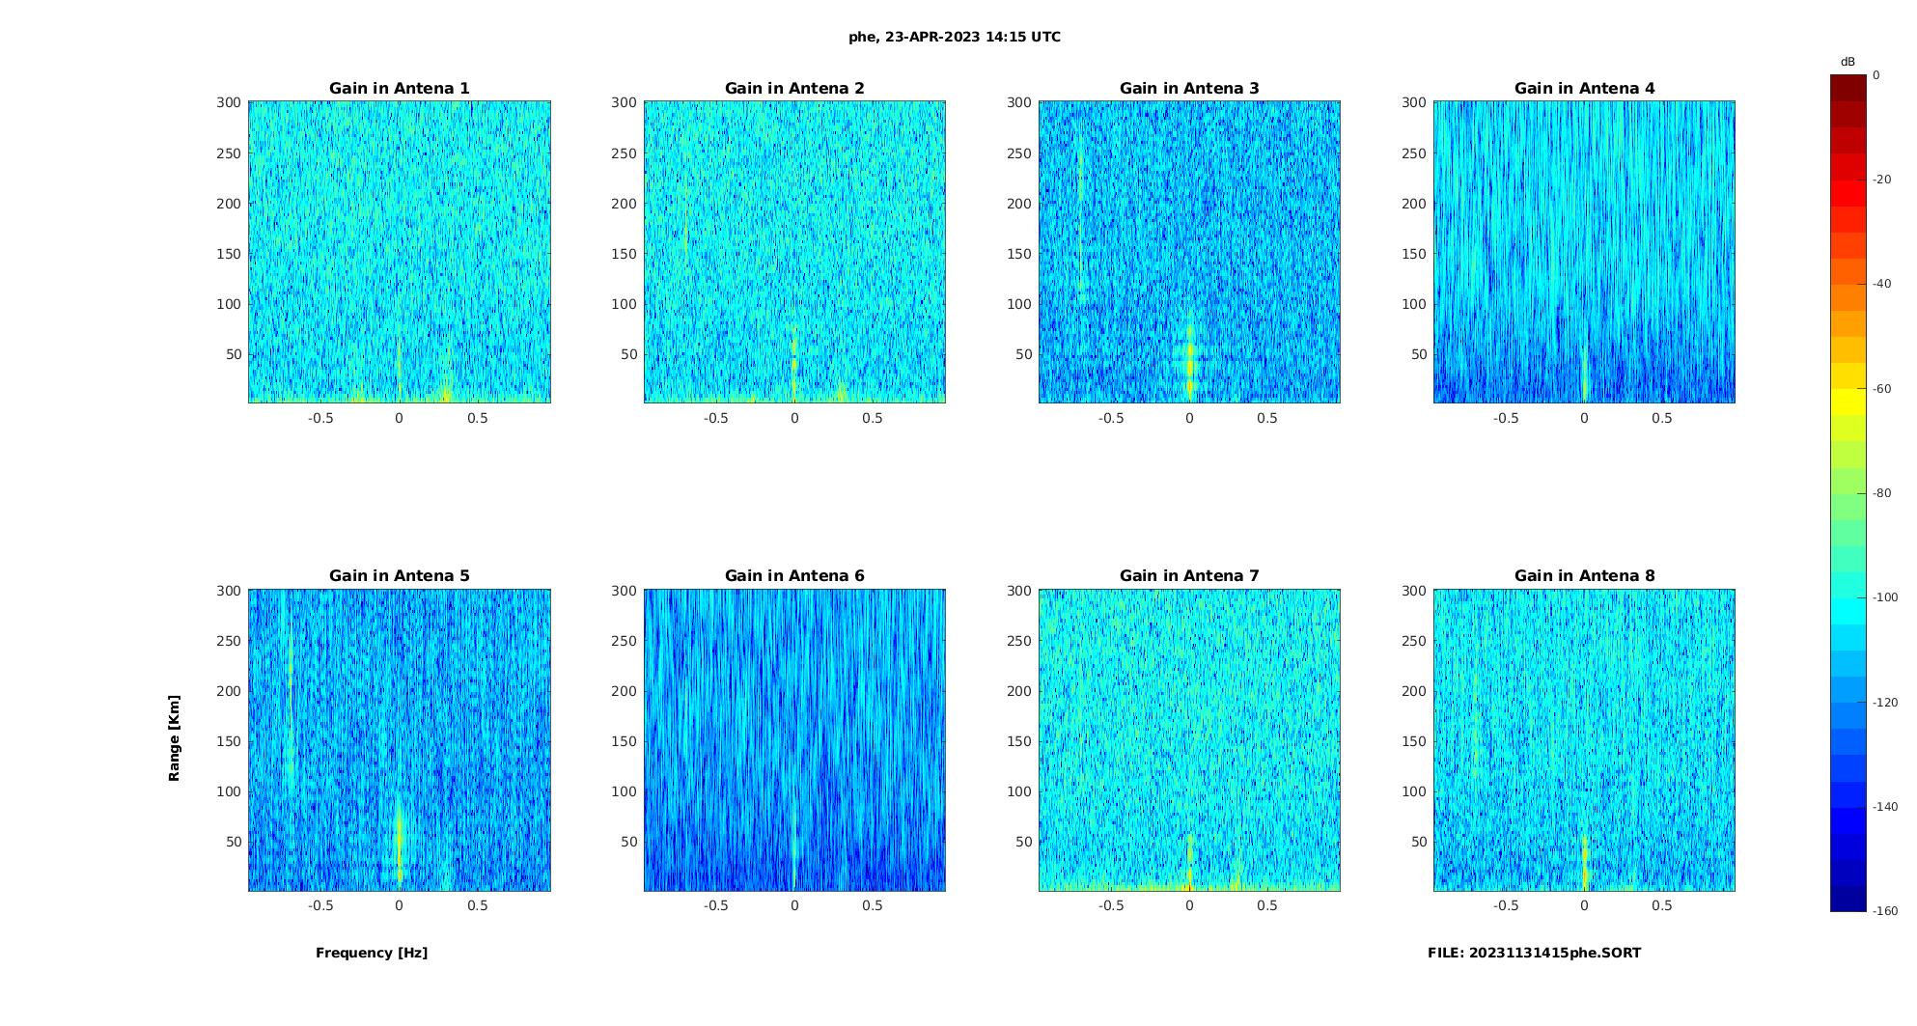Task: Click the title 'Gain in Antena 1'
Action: click(x=399, y=89)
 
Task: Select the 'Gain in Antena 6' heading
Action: click(x=794, y=576)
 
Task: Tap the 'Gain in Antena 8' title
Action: click(x=1584, y=576)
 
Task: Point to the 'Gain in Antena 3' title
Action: click(x=1189, y=89)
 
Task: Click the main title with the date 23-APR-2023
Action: click(x=955, y=38)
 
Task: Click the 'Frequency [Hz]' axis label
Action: click(x=372, y=953)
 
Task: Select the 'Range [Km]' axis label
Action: click(x=175, y=737)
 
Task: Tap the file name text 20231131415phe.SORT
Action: click(x=1534, y=953)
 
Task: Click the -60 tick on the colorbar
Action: click(x=1882, y=389)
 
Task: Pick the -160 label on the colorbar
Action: click(x=1885, y=911)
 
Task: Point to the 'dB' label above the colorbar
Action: click(x=1848, y=62)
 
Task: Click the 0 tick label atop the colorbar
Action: click(x=1876, y=75)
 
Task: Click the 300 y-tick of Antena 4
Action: click(x=1414, y=102)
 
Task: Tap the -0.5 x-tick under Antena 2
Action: click(x=715, y=418)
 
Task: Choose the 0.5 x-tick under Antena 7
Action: click(x=1267, y=905)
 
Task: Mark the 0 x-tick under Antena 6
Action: click(x=794, y=905)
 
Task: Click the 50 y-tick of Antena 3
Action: click(x=1024, y=354)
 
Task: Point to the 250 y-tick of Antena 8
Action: click(x=1414, y=641)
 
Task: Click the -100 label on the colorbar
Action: click(x=1885, y=597)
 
